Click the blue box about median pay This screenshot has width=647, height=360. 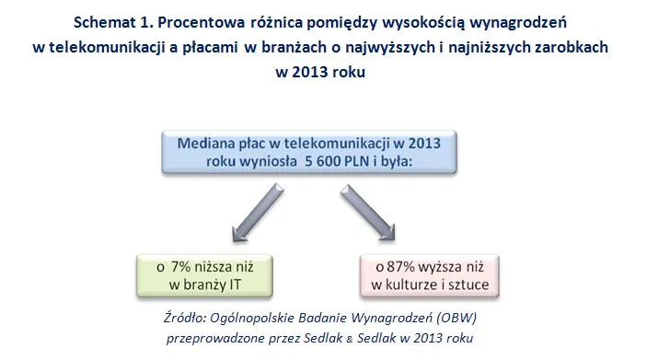click(x=323, y=151)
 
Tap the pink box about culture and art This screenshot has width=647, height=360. click(x=431, y=276)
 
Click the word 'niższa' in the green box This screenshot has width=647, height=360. click(x=215, y=266)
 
